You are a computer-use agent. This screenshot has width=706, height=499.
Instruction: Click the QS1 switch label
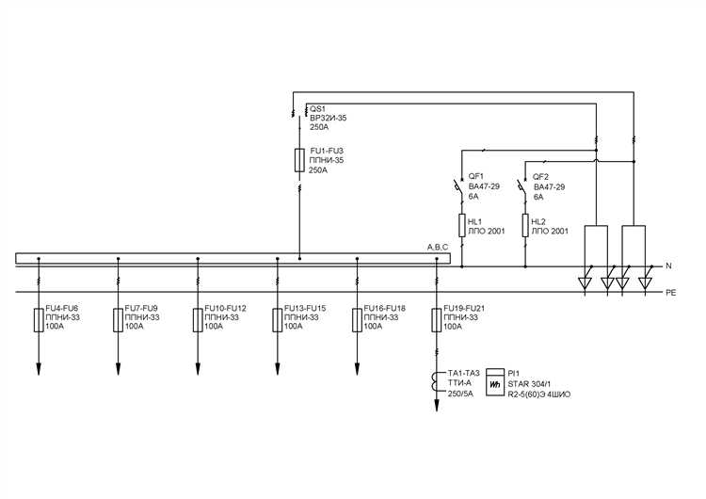[317, 108]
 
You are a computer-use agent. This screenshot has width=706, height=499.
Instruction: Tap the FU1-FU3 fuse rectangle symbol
[299, 160]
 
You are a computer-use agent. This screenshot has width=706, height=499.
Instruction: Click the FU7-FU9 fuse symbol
[118, 319]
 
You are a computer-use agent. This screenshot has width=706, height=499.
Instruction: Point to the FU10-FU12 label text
[226, 309]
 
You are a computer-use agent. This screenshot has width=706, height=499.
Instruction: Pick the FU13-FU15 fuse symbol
[277, 319]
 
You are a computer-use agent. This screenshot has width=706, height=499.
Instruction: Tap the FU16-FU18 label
[385, 309]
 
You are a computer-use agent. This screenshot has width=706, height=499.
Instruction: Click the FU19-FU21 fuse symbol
[436, 319]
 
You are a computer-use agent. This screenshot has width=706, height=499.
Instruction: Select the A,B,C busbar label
[439, 247]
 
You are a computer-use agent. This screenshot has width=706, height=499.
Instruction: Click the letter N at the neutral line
[668, 266]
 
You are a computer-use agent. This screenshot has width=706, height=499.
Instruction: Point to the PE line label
[670, 293]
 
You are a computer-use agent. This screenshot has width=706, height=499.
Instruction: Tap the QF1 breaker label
[476, 177]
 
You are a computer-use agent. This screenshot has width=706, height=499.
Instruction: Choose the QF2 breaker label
[541, 177]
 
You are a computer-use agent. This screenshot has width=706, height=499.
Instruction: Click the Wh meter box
[494, 386]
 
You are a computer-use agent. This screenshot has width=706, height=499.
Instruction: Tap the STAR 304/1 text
[529, 385]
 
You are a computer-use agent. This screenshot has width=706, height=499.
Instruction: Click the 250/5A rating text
[459, 395]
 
